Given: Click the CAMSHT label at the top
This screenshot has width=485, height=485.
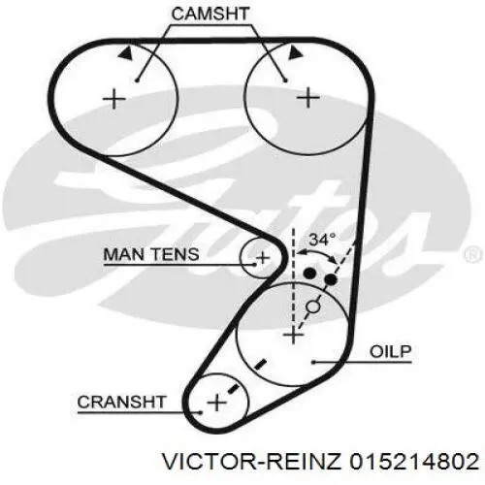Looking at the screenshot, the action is pos(210,15).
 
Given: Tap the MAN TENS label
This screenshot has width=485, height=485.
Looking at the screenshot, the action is pos(151,254).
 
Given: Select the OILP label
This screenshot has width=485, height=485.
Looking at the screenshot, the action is pos(391,351).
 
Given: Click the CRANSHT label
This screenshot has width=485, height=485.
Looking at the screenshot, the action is pos(122,402).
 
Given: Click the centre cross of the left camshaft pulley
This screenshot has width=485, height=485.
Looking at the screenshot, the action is pos(113,98).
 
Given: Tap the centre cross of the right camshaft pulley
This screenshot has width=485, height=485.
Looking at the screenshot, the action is pos(308,97).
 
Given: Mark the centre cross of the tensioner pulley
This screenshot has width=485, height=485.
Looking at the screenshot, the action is pos(263,258).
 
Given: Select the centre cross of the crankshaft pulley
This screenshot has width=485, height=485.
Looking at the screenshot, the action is pos(216,403).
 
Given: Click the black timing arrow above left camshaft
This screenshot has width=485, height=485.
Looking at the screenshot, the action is pos(126,53).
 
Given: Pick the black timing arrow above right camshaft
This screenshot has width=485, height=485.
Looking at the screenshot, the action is pos(295,52).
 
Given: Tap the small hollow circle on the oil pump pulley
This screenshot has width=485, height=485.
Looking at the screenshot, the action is pos(313,307).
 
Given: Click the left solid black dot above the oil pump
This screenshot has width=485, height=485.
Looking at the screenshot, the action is pos(309,274).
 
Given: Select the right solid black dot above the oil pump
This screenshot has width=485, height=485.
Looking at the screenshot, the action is pos(331,279).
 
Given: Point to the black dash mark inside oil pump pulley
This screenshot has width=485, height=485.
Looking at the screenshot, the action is pos(260,365).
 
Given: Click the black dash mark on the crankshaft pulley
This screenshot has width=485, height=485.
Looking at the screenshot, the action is pos(233,389).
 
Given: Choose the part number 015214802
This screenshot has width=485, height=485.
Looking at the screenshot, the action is pos(414,461).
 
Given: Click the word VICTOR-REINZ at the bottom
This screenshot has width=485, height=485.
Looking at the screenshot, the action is pos(251,461).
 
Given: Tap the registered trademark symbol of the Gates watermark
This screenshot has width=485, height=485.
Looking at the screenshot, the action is pos(472,255).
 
